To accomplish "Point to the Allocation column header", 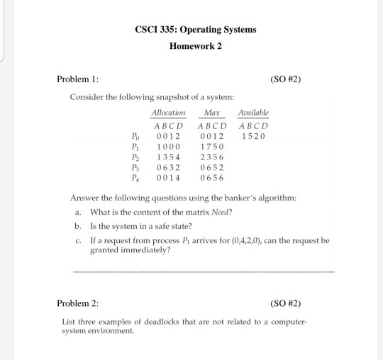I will click(x=168, y=113).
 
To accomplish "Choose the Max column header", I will click(x=211, y=113).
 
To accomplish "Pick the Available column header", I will click(x=253, y=113).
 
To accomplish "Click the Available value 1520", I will click(x=252, y=135).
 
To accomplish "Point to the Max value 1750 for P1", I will click(x=211, y=146).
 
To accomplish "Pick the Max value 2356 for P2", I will click(x=211, y=157).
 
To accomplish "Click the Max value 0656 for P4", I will click(x=211, y=179).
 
